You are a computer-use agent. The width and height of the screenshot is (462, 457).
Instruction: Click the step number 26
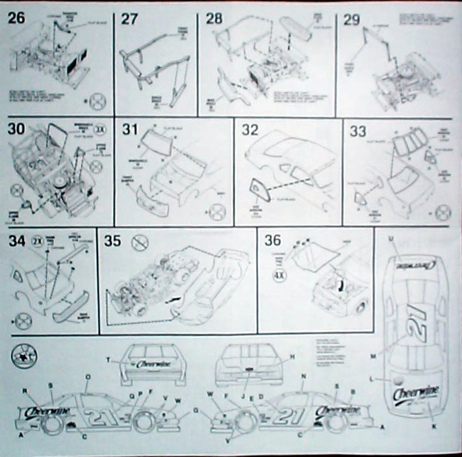tap(16, 19)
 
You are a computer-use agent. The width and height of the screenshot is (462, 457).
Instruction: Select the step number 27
tap(131, 19)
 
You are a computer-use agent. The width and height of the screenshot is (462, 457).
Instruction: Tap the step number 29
tap(352, 20)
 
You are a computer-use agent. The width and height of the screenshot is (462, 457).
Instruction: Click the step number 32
tap(251, 129)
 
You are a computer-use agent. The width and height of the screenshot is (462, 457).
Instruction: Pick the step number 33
tap(358, 130)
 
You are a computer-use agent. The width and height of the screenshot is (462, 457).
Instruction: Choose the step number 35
tap(112, 241)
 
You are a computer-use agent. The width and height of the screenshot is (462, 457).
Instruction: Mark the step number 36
tap(274, 241)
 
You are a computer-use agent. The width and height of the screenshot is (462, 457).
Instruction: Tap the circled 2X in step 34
tap(38, 241)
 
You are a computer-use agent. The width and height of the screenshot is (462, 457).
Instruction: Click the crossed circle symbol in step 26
tap(98, 101)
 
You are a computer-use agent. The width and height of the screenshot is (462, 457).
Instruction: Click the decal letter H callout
tap(293, 357)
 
